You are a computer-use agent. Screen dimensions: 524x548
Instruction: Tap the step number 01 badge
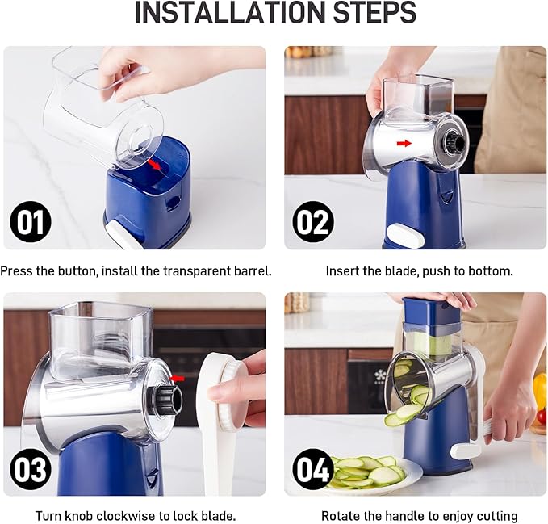click(x=30, y=222)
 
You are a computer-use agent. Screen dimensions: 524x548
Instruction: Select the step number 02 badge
click(x=313, y=222)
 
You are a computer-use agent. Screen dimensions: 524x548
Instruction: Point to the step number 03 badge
click(x=30, y=469)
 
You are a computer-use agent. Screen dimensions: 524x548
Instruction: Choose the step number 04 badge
click(x=313, y=469)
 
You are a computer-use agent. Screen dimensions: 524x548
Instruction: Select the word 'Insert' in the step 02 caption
click(x=343, y=271)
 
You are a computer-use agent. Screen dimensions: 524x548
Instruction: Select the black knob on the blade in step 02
click(x=454, y=143)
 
